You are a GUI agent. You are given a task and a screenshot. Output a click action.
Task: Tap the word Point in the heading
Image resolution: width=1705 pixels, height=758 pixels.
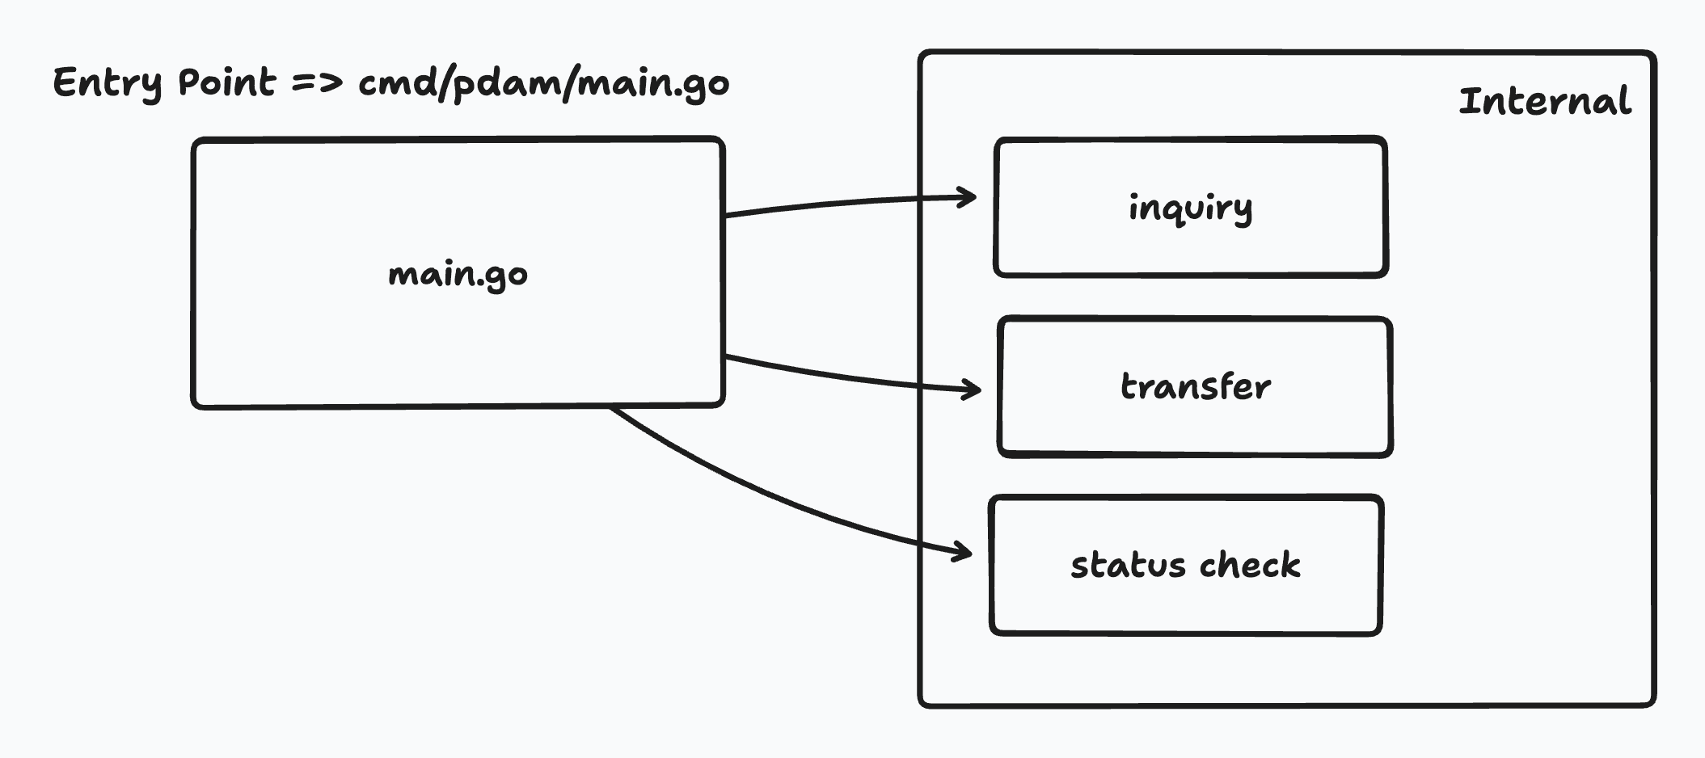tap(227, 82)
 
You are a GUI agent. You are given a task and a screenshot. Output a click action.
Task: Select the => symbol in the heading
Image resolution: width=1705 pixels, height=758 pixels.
tap(317, 82)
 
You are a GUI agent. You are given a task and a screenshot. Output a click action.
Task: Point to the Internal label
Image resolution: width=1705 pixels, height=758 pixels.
tap(1544, 102)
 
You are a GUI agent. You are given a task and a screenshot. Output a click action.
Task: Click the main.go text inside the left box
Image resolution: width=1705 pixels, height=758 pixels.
tap(458, 275)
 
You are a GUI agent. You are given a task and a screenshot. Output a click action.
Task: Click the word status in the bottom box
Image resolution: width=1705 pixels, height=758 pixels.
tap(1128, 565)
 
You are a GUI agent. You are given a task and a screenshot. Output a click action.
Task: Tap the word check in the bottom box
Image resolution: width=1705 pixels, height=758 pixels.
tap(1250, 565)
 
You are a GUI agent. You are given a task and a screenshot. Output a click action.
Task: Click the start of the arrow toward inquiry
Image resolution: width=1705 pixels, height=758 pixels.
tap(728, 215)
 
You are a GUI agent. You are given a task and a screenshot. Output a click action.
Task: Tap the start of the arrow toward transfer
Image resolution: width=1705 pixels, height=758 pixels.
tap(728, 356)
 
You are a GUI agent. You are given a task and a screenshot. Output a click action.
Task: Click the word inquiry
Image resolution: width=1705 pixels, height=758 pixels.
tap(1191, 208)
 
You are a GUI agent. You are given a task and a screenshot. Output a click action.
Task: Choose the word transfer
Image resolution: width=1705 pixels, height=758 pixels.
tap(1195, 387)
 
